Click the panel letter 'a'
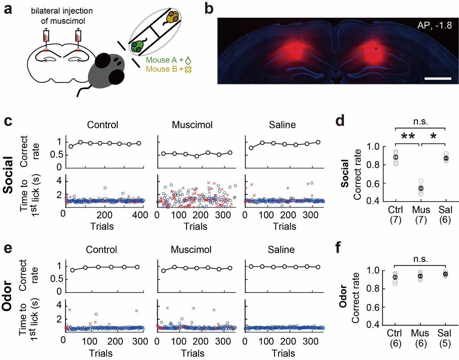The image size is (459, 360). point(8,9)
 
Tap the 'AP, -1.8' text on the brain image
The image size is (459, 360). point(434,25)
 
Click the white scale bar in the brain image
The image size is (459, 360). point(438,79)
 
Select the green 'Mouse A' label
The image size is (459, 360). point(161,60)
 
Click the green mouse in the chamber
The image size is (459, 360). point(138,46)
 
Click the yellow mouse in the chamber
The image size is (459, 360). point(172,17)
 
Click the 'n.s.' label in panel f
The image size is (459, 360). point(421,259)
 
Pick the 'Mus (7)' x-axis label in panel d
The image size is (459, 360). point(421,215)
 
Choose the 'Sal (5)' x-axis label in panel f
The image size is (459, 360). point(445,338)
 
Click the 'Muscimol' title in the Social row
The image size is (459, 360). point(192,125)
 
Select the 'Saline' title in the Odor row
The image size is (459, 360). point(281,250)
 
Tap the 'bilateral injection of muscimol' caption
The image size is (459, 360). point(62,16)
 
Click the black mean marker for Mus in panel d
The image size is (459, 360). point(421,189)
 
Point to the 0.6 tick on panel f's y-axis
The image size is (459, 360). point(374,307)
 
